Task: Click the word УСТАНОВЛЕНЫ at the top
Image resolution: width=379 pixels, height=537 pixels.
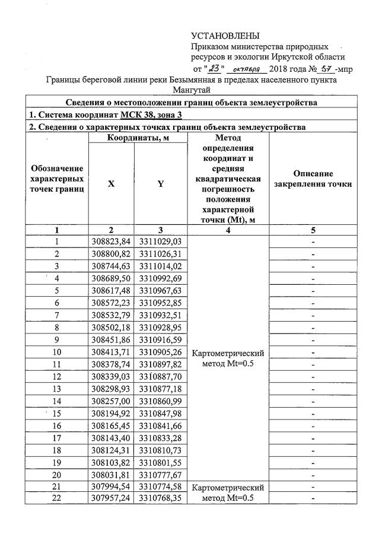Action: [x=225, y=37]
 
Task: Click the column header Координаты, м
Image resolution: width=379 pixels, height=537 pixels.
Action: [x=137, y=138]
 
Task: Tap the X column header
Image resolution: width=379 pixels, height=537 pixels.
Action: [x=112, y=184]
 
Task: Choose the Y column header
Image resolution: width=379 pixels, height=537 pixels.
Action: [x=160, y=184]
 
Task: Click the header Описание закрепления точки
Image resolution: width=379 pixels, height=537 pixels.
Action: [x=313, y=179]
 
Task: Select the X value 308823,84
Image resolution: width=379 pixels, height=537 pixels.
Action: [x=112, y=242]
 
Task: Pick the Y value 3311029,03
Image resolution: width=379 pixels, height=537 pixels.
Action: [x=160, y=242]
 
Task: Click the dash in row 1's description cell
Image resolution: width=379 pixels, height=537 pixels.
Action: [x=313, y=242]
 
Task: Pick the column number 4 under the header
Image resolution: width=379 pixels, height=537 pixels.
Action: [x=228, y=230]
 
